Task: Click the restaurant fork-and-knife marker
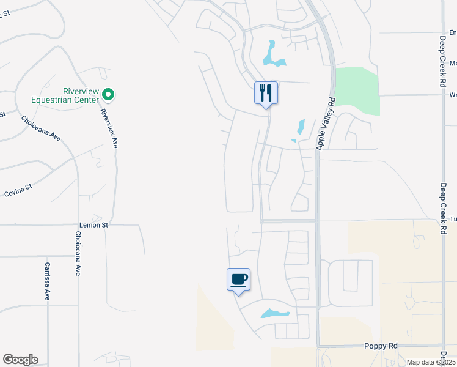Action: tap(266, 93)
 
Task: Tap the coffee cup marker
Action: tap(238, 280)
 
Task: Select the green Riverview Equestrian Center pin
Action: tap(108, 94)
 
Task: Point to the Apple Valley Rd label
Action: tap(325, 123)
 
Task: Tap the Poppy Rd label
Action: tap(380, 346)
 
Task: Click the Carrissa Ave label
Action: tap(46, 281)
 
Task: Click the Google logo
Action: tap(20, 360)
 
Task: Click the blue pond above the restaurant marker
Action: tap(272, 54)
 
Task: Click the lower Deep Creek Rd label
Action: tap(443, 206)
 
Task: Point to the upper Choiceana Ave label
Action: tap(41, 128)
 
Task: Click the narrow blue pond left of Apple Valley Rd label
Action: tap(300, 127)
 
